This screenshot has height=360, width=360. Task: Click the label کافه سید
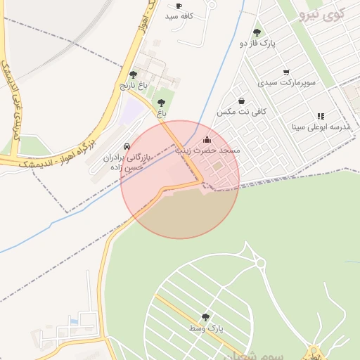tap(179, 15)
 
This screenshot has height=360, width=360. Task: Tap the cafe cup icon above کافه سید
tap(179, 6)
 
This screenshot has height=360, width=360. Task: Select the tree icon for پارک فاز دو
tap(257, 32)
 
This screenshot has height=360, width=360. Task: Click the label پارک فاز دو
tap(258, 43)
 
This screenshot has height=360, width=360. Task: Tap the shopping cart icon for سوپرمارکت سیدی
tap(286, 72)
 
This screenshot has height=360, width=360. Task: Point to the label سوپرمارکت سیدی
tap(286, 82)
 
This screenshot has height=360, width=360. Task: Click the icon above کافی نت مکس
tap(242, 101)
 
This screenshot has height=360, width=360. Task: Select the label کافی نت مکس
tap(236, 112)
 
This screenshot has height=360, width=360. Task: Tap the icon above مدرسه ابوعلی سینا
tap(321, 116)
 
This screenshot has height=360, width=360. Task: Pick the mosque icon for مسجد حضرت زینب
tap(206, 139)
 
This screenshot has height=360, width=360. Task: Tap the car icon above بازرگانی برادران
tap(127, 146)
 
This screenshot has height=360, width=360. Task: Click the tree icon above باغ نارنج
tap(133, 75)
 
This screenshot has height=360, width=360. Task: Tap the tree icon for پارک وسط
tap(205, 317)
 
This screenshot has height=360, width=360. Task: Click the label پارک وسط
tap(205, 328)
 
